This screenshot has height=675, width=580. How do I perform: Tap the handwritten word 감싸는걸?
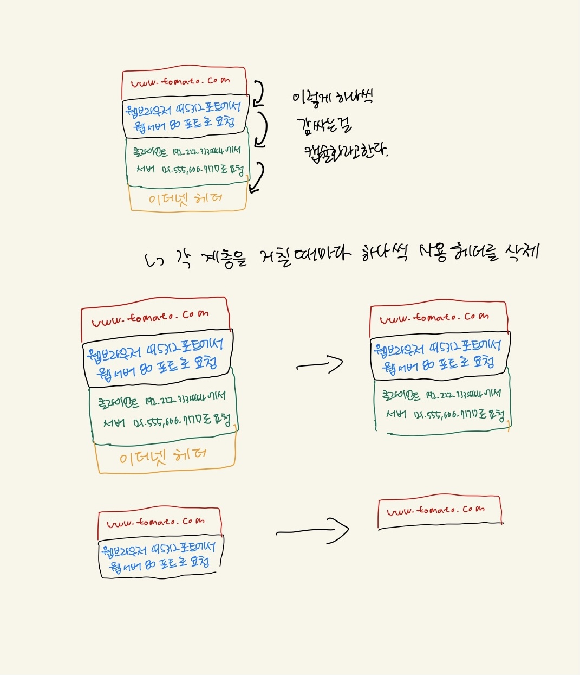point(324,125)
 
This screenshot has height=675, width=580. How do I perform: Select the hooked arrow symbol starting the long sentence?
point(155,261)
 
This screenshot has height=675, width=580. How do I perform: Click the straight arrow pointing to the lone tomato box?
point(314,530)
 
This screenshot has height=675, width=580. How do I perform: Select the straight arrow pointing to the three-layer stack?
point(320,365)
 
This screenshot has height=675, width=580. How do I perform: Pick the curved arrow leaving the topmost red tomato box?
point(258,93)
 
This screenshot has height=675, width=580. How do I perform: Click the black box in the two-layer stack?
point(160,557)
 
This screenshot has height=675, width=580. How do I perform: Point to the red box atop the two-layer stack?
point(159,522)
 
